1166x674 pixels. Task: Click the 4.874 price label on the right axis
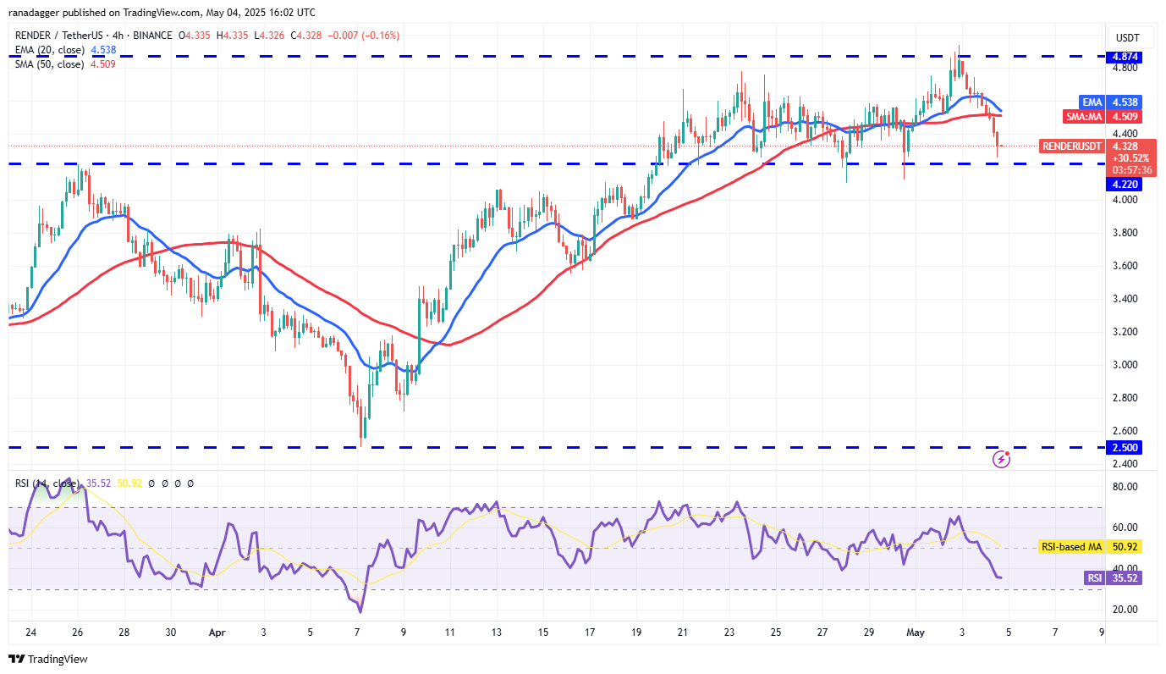click(x=1125, y=57)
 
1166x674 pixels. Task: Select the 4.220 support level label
click(x=1125, y=184)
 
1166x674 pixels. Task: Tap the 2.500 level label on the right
click(x=1125, y=447)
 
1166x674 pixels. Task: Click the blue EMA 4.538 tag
click(x=1125, y=102)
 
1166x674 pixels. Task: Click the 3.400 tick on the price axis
click(x=1125, y=299)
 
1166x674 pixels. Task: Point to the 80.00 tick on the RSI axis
click(x=1125, y=487)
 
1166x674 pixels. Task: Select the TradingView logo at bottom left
click(x=48, y=659)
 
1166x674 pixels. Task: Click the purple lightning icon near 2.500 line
click(x=1002, y=459)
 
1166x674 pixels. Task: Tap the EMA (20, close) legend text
click(x=48, y=50)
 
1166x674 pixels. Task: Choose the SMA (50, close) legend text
click(x=49, y=64)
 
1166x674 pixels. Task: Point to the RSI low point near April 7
click(x=360, y=611)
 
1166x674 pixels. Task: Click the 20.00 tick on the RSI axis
click(x=1125, y=610)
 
